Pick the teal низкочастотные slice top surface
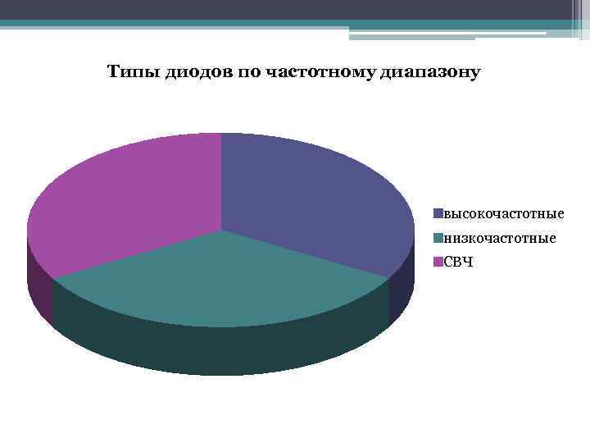coord(221,279)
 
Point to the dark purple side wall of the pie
coord(39,287)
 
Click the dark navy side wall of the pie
coord(401,295)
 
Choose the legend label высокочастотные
coord(502,214)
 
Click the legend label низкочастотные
coord(498,238)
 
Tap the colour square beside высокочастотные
coord(438,214)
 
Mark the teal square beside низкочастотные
coord(438,238)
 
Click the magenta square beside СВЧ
coord(438,262)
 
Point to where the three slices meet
coord(221,231)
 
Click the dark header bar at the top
coord(287,9)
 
